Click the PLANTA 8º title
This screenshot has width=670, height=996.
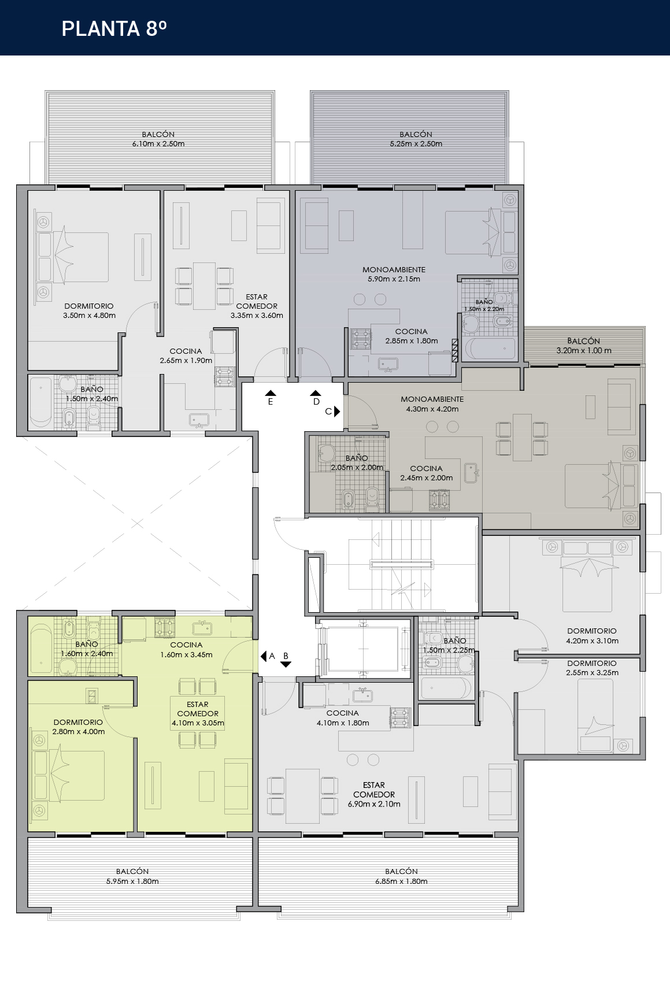(114, 28)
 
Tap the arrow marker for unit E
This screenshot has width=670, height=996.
(271, 393)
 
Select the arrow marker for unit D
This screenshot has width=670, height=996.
(316, 393)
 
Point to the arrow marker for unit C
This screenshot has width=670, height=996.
(338, 412)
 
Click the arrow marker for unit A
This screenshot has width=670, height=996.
(263, 656)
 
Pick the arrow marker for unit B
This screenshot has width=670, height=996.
(286, 664)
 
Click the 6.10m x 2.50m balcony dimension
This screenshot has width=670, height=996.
(158, 144)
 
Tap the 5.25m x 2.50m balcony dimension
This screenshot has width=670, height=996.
(416, 144)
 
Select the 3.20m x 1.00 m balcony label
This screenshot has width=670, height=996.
(584, 346)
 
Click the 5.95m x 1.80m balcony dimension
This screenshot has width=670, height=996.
(132, 882)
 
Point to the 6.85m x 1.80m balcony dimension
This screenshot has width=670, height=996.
(401, 882)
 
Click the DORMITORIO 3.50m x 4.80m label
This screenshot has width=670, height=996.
(89, 311)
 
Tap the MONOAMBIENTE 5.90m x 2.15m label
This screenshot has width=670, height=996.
(394, 274)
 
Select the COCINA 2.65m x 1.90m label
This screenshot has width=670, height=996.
(186, 356)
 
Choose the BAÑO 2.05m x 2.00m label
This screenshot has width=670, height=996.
(357, 462)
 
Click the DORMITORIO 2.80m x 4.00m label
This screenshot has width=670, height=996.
(78, 727)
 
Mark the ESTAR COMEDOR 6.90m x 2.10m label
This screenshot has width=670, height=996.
(374, 794)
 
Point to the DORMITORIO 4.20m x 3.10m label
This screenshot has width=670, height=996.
(592, 636)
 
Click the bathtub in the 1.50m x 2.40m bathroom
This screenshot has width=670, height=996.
(40, 402)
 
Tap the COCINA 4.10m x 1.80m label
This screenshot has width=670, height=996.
(343, 718)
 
